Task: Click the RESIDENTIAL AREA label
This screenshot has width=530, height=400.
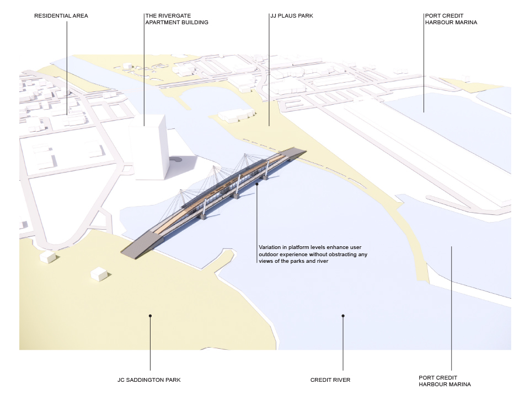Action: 61,16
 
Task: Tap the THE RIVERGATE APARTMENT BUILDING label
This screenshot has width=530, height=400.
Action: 177,19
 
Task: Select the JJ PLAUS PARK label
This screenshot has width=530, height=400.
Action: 292,16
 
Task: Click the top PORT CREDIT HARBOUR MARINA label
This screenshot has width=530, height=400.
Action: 451,19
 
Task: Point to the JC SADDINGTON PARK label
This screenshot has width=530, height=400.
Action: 149,380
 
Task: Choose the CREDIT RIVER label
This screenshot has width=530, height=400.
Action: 330,380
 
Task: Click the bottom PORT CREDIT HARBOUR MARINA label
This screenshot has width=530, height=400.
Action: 445,381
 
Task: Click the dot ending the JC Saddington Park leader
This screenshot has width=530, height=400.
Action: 151,316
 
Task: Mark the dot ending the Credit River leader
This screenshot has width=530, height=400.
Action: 343,316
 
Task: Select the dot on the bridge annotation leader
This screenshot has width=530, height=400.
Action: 257,184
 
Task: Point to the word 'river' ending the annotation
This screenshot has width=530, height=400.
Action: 323,261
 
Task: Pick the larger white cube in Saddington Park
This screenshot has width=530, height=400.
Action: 99,274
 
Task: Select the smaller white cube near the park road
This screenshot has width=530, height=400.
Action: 47,257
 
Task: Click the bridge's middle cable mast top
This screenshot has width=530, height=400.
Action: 213,167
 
